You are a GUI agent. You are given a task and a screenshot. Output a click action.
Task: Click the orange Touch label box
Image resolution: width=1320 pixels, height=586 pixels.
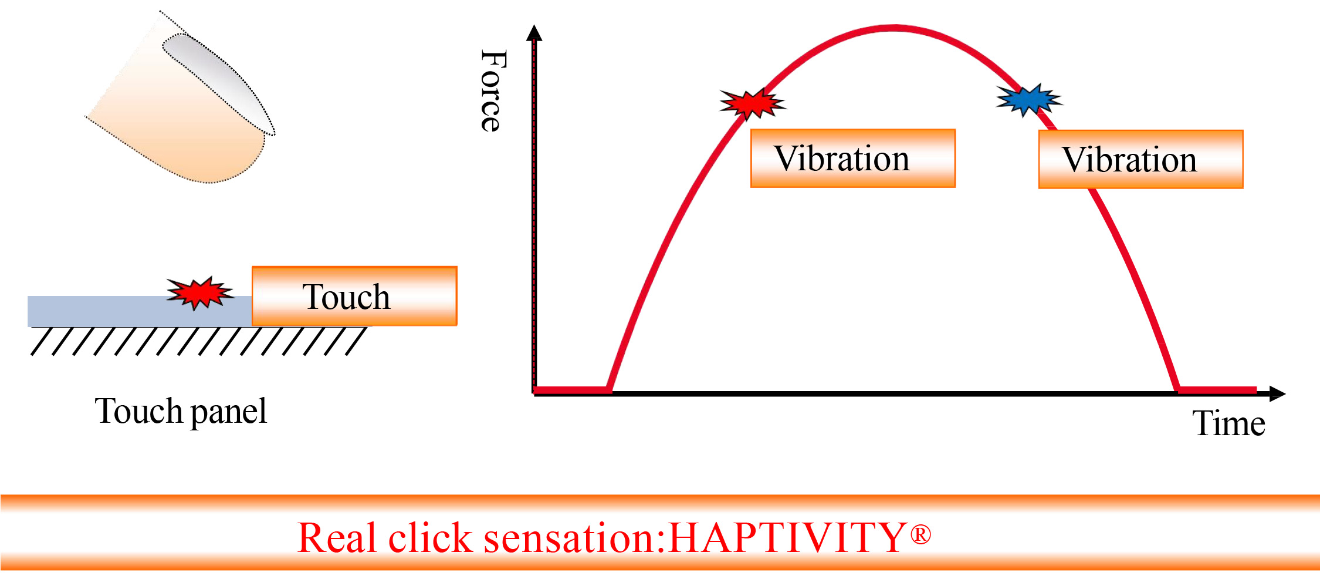(x=354, y=296)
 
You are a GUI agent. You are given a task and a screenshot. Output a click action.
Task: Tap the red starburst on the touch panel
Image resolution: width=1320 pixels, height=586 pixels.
(x=200, y=292)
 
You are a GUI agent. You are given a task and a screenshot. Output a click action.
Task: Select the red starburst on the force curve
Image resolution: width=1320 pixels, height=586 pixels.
(x=753, y=104)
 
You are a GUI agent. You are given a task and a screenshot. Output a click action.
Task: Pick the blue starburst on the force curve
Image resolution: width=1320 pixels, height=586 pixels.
(x=1029, y=100)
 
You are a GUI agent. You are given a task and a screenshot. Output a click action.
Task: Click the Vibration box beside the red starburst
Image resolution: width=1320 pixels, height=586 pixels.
(x=853, y=159)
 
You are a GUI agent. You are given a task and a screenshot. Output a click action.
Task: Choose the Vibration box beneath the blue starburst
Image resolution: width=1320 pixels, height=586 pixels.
(x=1140, y=160)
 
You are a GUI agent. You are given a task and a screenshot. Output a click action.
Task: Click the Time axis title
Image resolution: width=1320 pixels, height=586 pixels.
(x=1228, y=423)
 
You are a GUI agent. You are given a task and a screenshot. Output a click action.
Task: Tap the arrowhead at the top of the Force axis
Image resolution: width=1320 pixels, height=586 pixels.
(x=534, y=32)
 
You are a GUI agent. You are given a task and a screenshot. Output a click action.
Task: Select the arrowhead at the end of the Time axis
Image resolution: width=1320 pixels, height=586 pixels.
(x=1277, y=393)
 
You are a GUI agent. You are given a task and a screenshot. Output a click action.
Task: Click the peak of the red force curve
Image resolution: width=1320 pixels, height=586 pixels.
(x=893, y=28)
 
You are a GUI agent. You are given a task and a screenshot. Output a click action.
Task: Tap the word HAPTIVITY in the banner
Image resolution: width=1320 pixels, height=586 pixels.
(x=787, y=537)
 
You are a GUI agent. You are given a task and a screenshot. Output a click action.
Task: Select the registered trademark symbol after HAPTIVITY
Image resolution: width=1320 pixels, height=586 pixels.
(x=920, y=534)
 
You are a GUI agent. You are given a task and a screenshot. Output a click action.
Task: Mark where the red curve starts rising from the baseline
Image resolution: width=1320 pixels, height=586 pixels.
(x=609, y=390)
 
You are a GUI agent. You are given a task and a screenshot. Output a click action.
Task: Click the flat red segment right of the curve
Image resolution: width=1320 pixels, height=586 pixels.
(x=1216, y=390)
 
